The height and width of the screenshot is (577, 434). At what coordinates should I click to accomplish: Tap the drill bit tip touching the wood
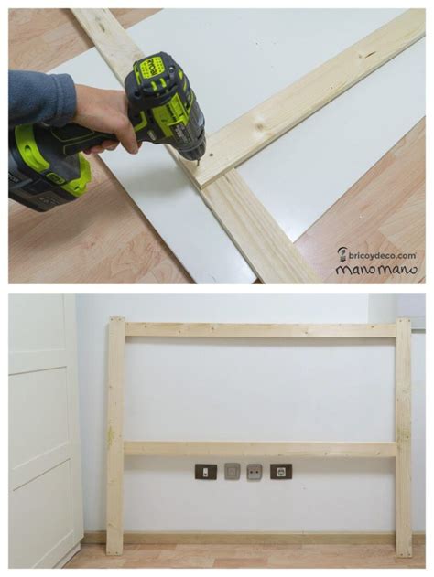click(198, 163)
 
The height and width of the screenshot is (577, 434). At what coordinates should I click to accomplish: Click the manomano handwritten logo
click(376, 269)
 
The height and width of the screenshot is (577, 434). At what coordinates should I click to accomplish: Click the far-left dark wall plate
click(206, 472)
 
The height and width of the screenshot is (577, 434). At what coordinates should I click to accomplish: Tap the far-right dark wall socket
click(281, 472)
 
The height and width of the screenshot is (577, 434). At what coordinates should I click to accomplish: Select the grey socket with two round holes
click(255, 471)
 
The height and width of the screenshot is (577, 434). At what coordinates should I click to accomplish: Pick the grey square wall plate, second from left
click(232, 471)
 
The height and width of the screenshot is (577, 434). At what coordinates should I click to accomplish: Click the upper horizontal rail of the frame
click(260, 330)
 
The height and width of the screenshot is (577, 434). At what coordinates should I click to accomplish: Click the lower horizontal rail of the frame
click(260, 449)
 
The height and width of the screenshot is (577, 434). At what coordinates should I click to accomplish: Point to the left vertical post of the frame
click(115, 436)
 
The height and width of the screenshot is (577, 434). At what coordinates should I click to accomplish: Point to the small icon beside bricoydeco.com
click(342, 254)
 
